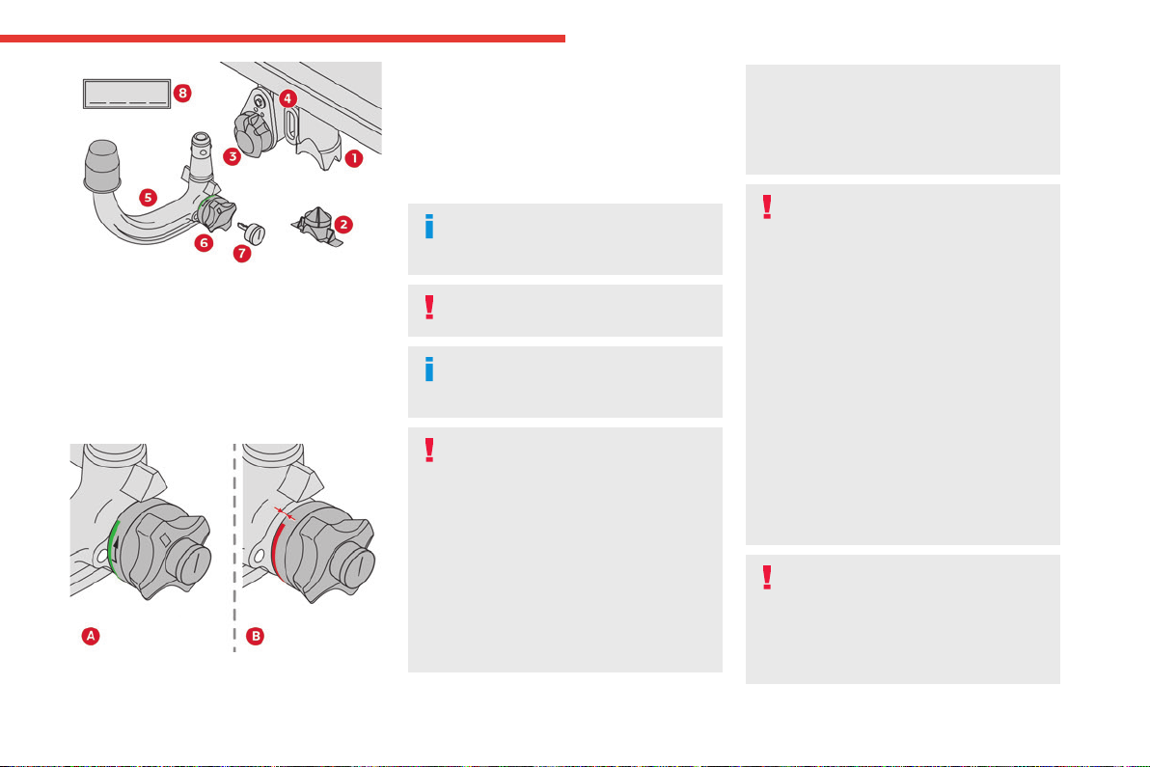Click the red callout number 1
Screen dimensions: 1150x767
(353, 157)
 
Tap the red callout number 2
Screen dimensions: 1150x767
(343, 225)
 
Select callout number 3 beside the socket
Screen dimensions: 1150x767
(232, 156)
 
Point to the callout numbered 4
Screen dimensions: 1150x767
(287, 98)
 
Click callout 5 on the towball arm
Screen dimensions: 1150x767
(149, 197)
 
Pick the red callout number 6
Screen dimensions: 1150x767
(204, 243)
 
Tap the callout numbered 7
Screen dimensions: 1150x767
(242, 254)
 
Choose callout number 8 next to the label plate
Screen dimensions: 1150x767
(182, 94)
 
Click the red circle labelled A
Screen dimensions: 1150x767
(91, 636)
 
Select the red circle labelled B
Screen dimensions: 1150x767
(256, 636)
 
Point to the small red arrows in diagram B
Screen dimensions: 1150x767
(285, 512)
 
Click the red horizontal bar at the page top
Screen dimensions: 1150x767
(283, 39)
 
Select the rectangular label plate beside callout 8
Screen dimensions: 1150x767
(127, 94)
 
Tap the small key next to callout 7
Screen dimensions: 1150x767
(252, 232)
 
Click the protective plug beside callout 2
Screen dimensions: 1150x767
(316, 226)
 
